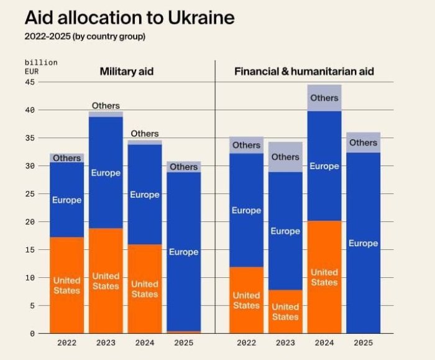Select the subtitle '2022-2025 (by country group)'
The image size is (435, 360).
[85, 36]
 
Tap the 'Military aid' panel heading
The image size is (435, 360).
[127, 72]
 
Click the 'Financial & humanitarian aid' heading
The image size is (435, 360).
[304, 72]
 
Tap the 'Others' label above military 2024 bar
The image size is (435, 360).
[145, 134]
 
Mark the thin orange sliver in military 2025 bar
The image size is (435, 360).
[183, 332]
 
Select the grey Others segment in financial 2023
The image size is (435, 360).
[285, 157]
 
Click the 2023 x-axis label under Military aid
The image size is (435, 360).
[106, 343]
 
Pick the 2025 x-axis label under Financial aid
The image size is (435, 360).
[363, 343]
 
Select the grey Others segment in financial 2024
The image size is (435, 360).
[324, 98]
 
